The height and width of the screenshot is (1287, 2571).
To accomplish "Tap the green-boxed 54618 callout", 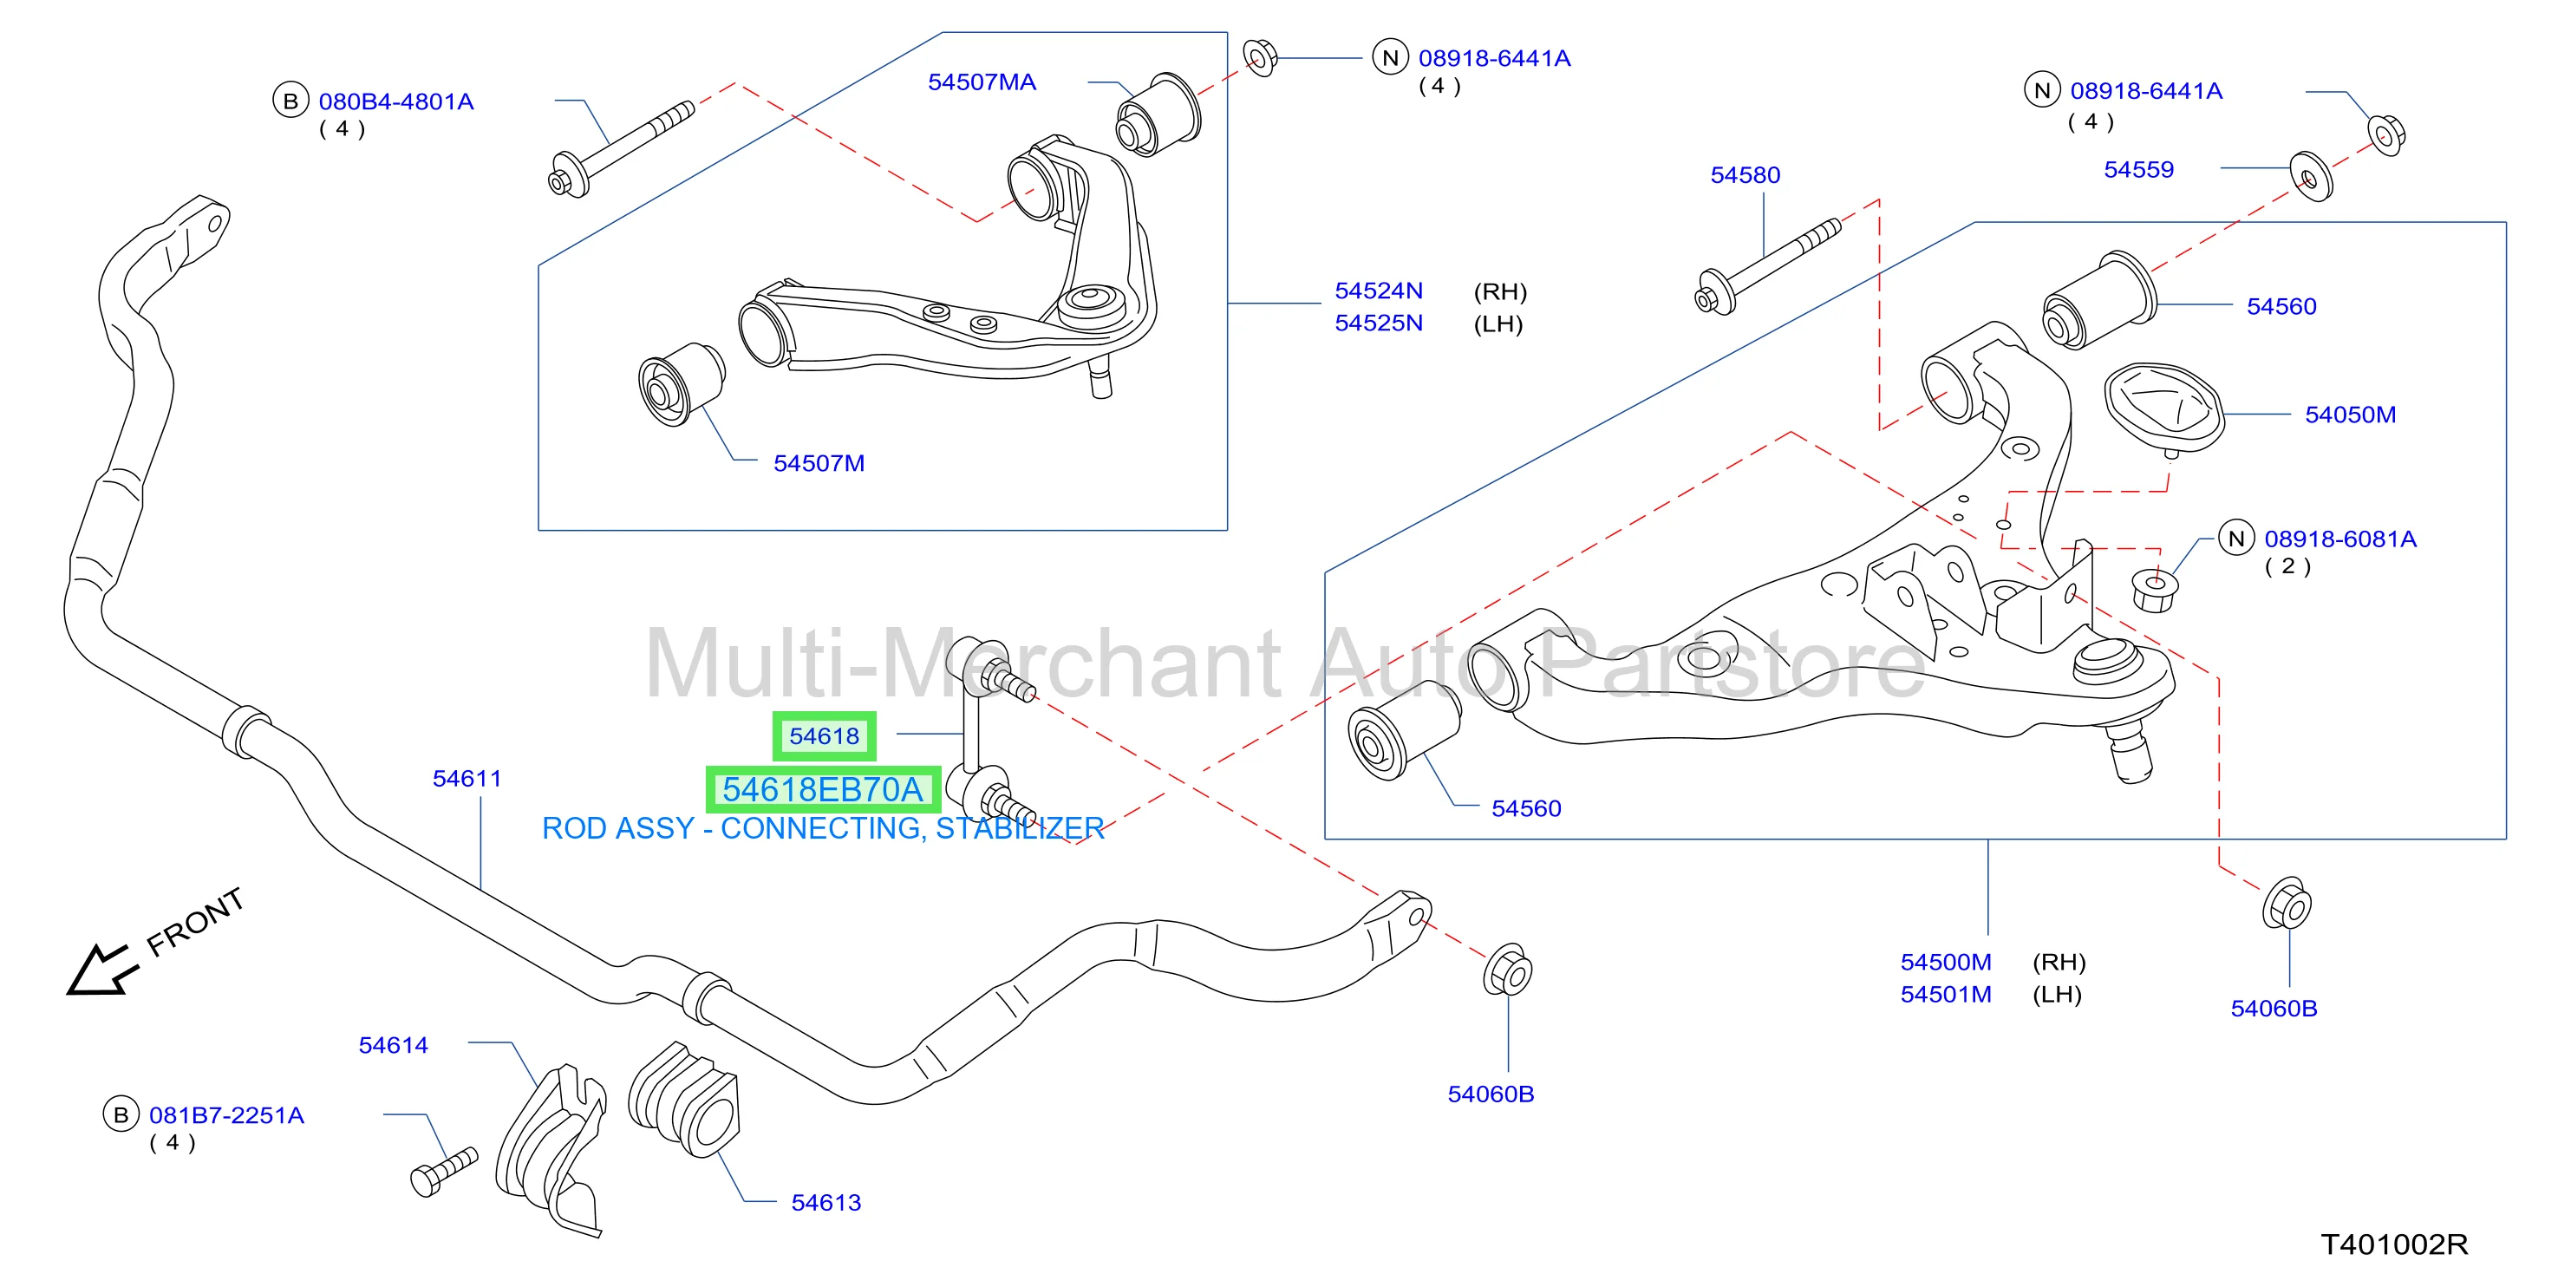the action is pyautogui.click(x=825, y=735).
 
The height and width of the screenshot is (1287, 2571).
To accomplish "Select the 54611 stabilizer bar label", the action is pyautogui.click(x=467, y=779).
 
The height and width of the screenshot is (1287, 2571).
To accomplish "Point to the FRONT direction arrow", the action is pyautogui.click(x=100, y=970).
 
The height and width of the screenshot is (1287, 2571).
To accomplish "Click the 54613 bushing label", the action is pyautogui.click(x=826, y=1203).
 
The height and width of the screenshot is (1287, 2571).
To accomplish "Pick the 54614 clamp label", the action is pyautogui.click(x=393, y=1045).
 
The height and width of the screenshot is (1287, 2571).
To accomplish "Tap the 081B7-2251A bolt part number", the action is pyautogui.click(x=226, y=1115).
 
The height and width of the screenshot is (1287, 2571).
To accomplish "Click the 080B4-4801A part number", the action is pyautogui.click(x=396, y=101).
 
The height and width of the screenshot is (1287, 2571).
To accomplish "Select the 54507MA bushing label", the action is pyautogui.click(x=982, y=82).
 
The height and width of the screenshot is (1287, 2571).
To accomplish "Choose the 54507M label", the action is pyautogui.click(x=819, y=463).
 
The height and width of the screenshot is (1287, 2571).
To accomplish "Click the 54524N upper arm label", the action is pyautogui.click(x=1380, y=291).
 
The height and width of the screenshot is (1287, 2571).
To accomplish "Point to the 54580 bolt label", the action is pyautogui.click(x=1746, y=174).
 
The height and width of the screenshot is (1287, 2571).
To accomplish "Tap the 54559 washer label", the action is pyautogui.click(x=2139, y=170).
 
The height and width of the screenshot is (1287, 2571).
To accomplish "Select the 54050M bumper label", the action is pyautogui.click(x=2351, y=415).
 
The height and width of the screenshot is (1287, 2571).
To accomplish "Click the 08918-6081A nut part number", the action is pyautogui.click(x=2340, y=539).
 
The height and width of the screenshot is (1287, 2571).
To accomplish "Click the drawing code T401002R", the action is pyautogui.click(x=2394, y=1244).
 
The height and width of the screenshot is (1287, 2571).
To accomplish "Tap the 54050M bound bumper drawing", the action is pyautogui.click(x=2163, y=408).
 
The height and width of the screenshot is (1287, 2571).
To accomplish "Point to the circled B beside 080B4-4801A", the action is pyautogui.click(x=290, y=101).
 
